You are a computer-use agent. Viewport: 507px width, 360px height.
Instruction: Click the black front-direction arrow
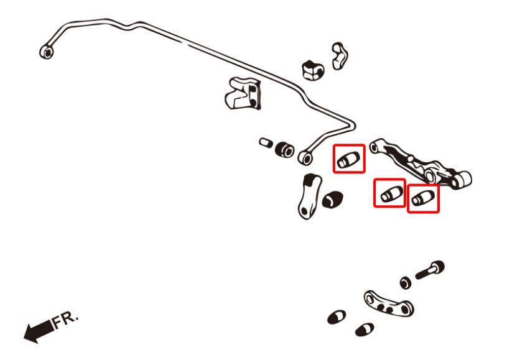[37, 330]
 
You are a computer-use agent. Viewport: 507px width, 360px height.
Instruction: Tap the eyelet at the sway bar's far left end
[46, 52]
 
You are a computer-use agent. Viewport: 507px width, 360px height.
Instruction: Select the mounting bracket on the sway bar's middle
[241, 94]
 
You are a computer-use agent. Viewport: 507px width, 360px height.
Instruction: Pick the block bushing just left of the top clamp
[312, 70]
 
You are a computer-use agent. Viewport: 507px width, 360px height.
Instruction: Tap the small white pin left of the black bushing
[266, 142]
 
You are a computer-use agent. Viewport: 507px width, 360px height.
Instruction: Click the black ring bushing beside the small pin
[285, 149]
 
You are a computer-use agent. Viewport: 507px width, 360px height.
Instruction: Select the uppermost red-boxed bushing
[348, 159]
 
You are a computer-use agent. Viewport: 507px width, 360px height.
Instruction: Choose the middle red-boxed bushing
[389, 193]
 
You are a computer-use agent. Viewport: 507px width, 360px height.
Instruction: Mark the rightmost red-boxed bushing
[423, 199]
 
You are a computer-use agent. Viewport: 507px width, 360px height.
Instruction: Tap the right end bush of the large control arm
[462, 179]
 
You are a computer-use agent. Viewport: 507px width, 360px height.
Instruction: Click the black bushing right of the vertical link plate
[333, 201]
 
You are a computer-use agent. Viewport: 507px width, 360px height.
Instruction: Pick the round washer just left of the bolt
[406, 282]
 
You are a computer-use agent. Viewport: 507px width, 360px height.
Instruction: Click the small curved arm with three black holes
[389, 303]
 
